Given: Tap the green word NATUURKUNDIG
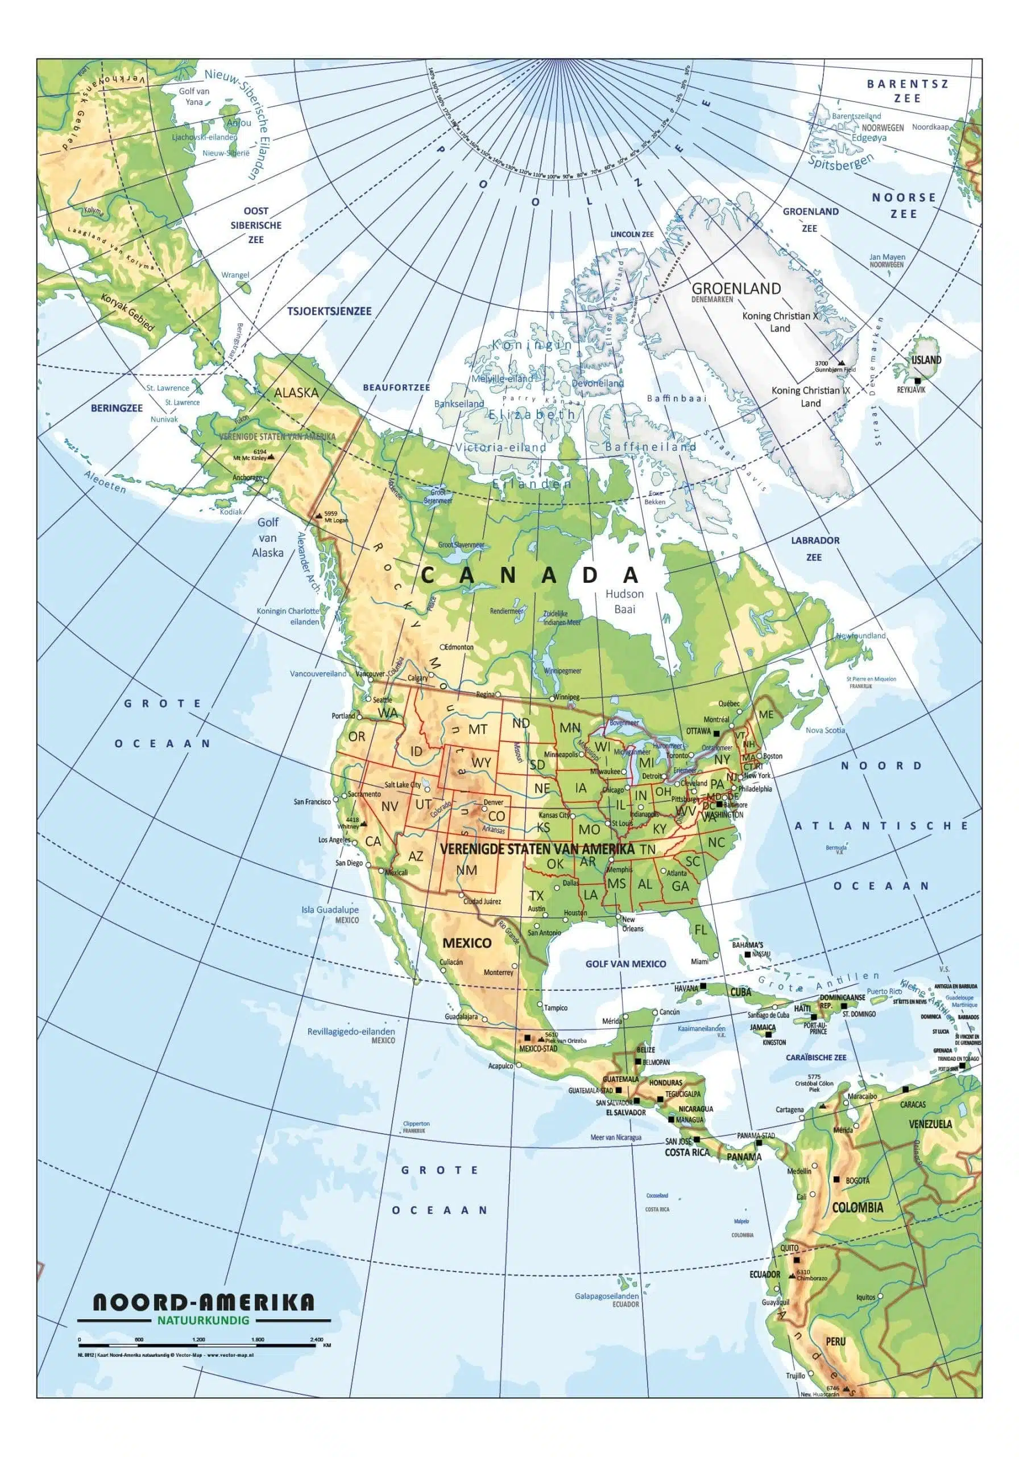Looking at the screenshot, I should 202,1320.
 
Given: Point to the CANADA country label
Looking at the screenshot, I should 529,575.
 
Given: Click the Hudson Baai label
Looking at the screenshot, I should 624,601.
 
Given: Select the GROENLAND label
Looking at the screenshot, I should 736,289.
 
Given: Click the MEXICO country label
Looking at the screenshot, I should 467,942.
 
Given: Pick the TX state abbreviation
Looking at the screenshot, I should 536,895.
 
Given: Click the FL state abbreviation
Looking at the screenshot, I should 700,929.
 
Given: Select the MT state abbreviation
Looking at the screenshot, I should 477,730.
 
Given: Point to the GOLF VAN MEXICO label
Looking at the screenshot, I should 626,964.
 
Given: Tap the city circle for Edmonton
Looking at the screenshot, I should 442,647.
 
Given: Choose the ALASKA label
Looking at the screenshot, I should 296,392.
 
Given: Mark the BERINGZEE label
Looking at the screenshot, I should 117,408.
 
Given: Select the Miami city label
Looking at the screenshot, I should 699,961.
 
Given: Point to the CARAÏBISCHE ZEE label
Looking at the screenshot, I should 815,1058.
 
